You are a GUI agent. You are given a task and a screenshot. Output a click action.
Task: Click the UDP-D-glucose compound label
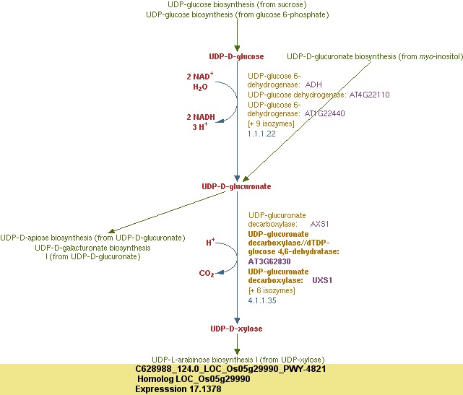236,56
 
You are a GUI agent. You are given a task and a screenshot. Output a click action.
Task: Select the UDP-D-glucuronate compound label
236,186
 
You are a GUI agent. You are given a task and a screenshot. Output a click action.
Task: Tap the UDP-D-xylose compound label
236,329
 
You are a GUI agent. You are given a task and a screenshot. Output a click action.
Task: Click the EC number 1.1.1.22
261,134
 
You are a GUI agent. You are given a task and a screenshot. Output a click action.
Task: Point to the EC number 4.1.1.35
261,300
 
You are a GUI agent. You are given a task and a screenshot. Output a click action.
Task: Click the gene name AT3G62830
269,261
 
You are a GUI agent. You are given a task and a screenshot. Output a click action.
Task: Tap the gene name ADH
314,84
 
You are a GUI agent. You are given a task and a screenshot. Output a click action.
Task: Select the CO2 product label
207,274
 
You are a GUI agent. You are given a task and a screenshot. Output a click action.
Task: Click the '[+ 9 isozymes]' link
272,124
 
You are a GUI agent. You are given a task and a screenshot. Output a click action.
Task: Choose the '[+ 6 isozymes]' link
272,290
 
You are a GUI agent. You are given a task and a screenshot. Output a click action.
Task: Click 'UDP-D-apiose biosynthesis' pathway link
92,238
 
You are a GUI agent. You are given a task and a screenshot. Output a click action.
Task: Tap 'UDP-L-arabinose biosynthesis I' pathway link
238,360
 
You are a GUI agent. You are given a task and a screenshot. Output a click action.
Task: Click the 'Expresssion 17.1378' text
178,389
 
